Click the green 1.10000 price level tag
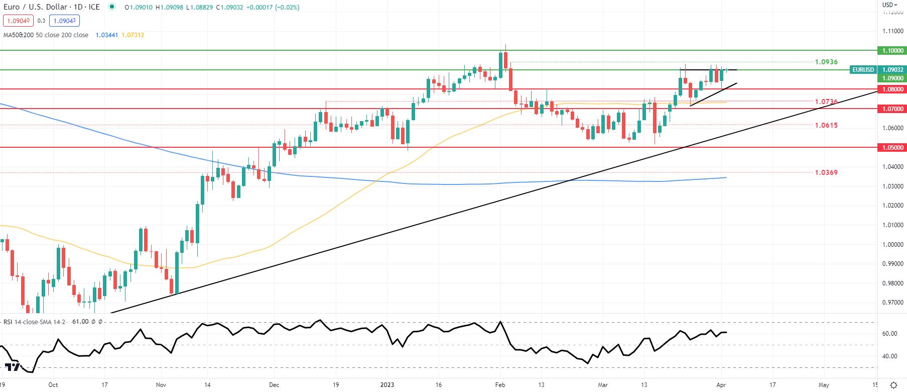tap(892, 51)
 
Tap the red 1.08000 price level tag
tap(892, 89)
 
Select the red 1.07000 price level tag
tap(892, 109)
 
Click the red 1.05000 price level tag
tap(892, 148)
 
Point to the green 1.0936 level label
tap(826, 62)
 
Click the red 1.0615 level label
tap(826, 126)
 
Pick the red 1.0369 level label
tap(826, 173)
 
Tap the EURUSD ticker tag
tap(863, 70)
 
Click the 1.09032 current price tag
tap(893, 70)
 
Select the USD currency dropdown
tap(890, 5)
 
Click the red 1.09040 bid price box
tap(18, 21)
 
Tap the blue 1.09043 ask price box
tap(65, 21)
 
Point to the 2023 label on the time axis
tap(387, 385)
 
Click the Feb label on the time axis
tap(500, 385)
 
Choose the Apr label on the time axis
tap(721, 385)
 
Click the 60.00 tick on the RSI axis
tap(889, 334)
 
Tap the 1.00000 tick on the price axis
tap(893, 245)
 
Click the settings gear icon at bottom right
tap(893, 385)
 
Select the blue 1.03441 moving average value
tap(106, 35)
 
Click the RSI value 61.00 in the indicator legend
tap(80, 322)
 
